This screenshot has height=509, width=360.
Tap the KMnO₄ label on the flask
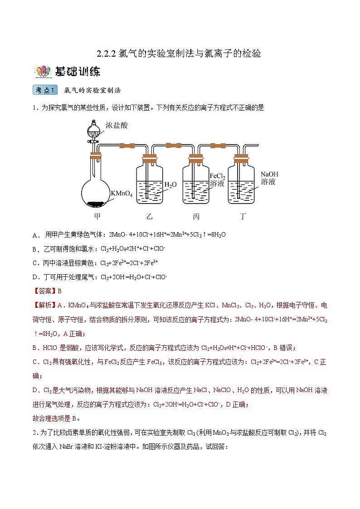[x=121, y=194]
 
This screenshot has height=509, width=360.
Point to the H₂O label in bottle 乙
[x=170, y=184]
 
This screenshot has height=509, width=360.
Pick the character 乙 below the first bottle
[x=150, y=216]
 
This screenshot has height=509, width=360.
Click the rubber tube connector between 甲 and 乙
[x=126, y=145]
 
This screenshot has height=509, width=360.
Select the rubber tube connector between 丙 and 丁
[x=219, y=145]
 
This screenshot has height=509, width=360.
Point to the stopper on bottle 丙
[x=196, y=159]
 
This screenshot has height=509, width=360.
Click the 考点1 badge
[x=45, y=90]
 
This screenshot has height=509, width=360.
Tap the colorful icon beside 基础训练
[x=42, y=72]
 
